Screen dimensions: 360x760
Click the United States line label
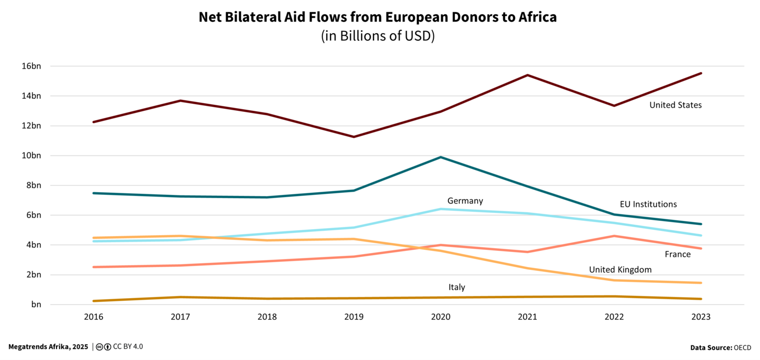[x=675, y=105]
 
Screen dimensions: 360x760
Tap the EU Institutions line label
[x=648, y=205]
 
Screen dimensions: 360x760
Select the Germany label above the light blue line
[x=465, y=201]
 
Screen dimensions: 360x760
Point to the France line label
[x=677, y=255]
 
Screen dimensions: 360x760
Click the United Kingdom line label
[x=620, y=270]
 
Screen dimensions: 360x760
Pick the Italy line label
[x=457, y=288]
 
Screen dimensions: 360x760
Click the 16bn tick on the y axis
[x=31, y=66]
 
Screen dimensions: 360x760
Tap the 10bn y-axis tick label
[x=31, y=156]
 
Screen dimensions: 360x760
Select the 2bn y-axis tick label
[x=33, y=275]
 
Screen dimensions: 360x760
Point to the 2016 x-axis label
[x=93, y=317]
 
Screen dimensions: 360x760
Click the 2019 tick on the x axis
[x=354, y=317]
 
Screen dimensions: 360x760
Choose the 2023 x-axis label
[x=701, y=317]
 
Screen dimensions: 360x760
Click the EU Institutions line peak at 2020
[x=441, y=157]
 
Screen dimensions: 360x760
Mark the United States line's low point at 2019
[x=354, y=137]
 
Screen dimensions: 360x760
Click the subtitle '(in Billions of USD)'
[x=378, y=36]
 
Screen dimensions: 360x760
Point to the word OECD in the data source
[x=742, y=348]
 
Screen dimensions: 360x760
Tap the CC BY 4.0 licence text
[x=128, y=346]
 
